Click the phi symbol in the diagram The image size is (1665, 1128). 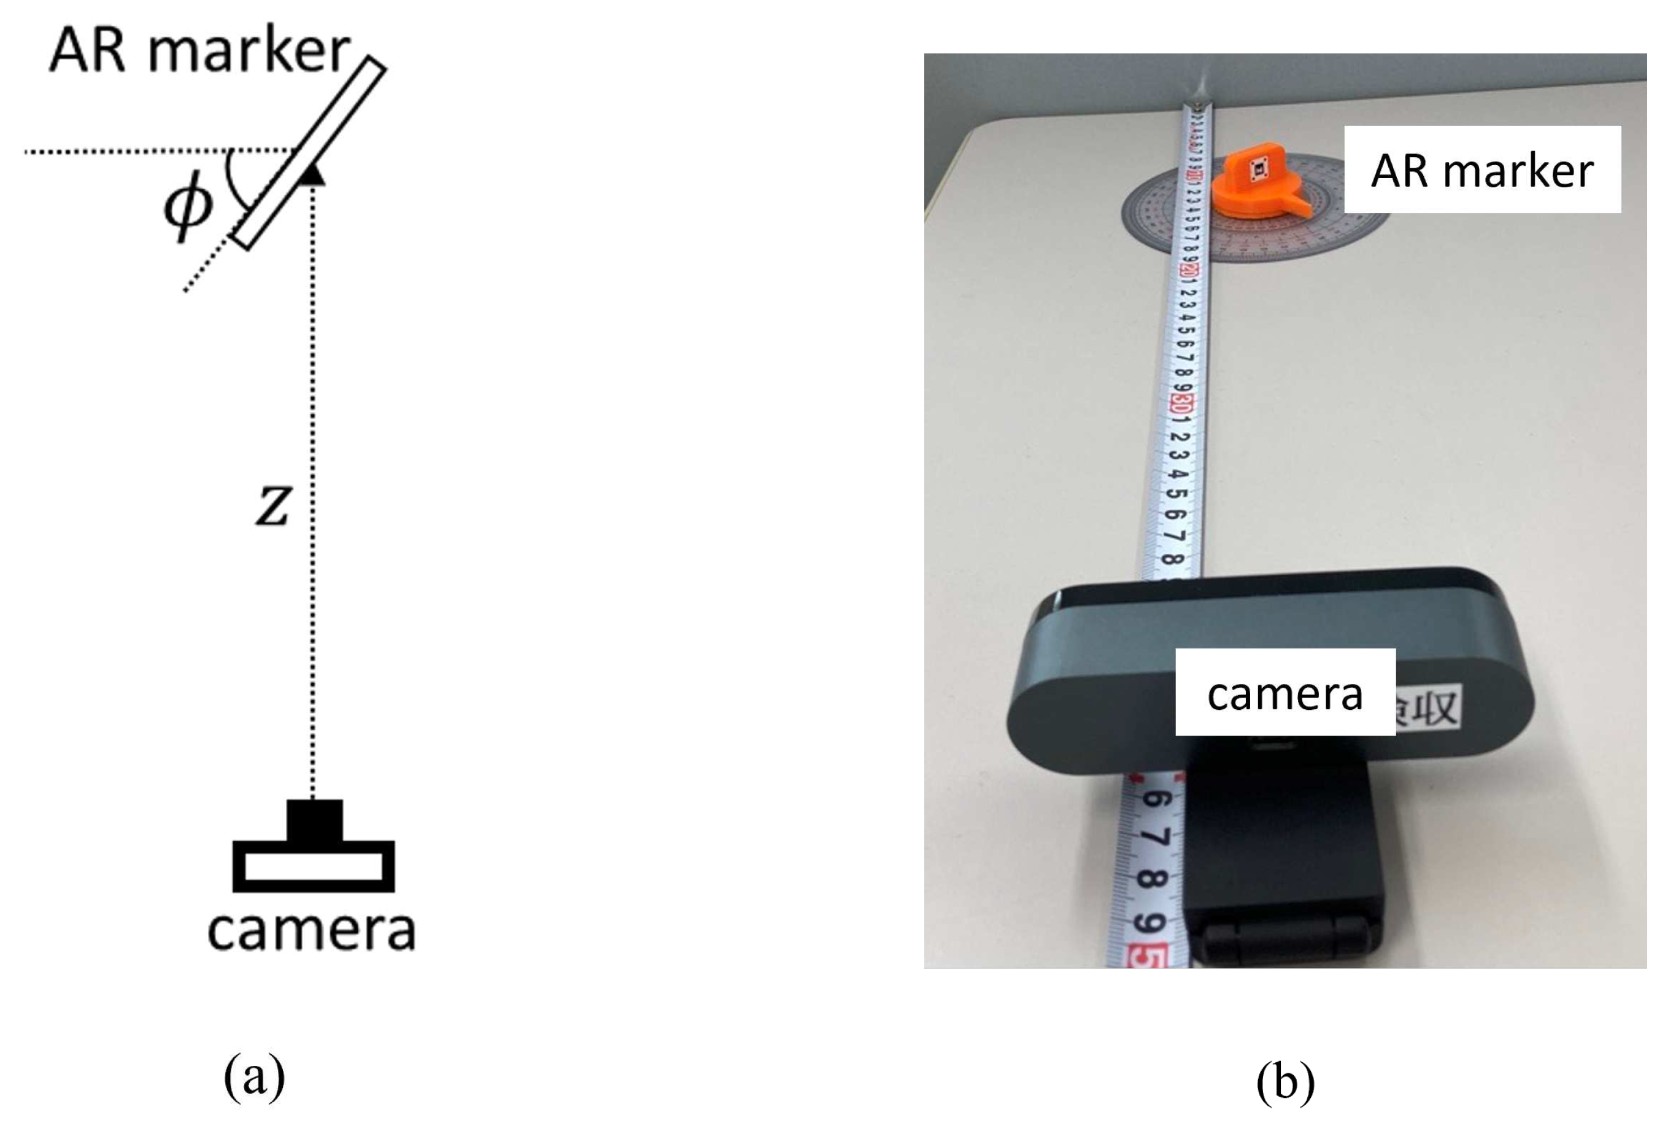click(x=188, y=208)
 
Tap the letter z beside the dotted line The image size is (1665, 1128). click(x=273, y=506)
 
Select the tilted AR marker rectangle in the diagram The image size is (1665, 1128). click(x=308, y=154)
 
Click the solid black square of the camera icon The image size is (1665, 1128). click(x=314, y=820)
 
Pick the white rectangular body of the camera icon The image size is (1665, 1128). click(x=313, y=866)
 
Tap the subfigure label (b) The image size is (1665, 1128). click(x=1285, y=1081)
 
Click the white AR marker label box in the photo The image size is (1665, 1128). click(x=1482, y=170)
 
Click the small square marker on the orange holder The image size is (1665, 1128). click(x=1259, y=168)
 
